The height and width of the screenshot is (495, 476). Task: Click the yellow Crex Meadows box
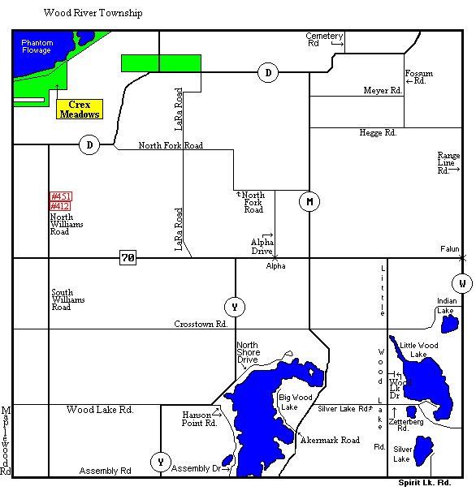coord(79,110)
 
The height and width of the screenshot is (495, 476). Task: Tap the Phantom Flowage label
coord(37,46)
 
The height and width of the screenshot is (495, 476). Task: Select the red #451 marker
coord(61,196)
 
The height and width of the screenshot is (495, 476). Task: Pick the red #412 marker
coord(61,206)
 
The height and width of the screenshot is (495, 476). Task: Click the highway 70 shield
coord(128,258)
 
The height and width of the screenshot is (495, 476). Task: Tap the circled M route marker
coord(309,201)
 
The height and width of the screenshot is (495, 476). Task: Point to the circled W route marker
coord(461,283)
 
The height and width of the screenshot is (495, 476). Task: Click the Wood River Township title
coord(93,14)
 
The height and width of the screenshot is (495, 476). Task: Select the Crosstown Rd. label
coord(200,324)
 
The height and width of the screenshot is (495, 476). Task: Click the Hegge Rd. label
coord(378,131)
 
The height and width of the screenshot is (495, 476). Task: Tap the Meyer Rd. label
coord(383,90)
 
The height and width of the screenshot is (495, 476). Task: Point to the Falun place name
coord(450,248)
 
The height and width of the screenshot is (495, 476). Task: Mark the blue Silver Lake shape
coord(423,451)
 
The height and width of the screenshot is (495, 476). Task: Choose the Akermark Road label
coord(330,440)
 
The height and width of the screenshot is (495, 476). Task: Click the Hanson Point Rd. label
coord(200,418)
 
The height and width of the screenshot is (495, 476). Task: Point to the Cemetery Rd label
coord(323,40)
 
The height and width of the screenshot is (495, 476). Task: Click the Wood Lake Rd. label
coord(100,410)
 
